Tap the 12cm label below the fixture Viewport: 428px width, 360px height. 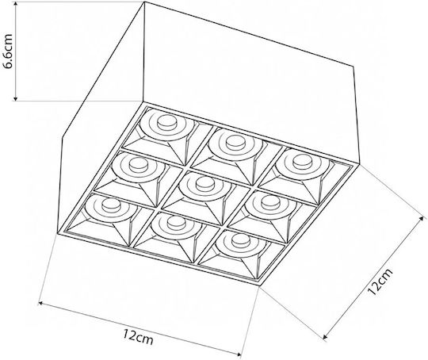[x=138, y=336]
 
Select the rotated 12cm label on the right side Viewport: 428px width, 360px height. [x=380, y=281]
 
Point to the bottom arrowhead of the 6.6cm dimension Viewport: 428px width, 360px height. [x=16, y=99]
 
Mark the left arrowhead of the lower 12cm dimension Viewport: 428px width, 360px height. [x=40, y=303]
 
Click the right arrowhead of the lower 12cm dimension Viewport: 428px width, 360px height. [x=239, y=354]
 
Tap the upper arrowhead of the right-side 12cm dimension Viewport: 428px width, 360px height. [x=423, y=219]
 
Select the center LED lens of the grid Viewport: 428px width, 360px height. [x=204, y=183]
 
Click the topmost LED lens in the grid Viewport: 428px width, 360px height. [x=166, y=122]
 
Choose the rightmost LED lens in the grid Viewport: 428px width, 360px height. [x=302, y=162]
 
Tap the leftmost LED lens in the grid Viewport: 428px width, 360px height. [x=111, y=205]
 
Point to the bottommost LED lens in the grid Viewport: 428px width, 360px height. [x=241, y=239]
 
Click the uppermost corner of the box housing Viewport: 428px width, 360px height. [x=144, y=2]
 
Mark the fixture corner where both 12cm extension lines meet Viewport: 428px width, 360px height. [x=259, y=285]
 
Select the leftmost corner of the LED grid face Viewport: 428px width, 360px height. [x=58, y=233]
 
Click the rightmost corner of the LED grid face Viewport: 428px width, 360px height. [x=357, y=165]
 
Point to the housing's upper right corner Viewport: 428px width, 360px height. [x=353, y=66]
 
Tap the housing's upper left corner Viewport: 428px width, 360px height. [x=63, y=138]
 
